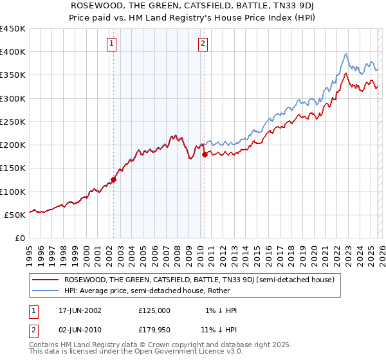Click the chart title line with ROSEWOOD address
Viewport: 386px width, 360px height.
(193, 6)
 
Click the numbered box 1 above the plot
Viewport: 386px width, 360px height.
(112, 44)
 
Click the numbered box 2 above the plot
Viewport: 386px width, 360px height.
(203, 44)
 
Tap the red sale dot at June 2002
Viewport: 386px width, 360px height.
(114, 180)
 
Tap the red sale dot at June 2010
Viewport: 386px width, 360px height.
(205, 154)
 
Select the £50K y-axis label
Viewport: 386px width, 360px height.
(15, 215)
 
